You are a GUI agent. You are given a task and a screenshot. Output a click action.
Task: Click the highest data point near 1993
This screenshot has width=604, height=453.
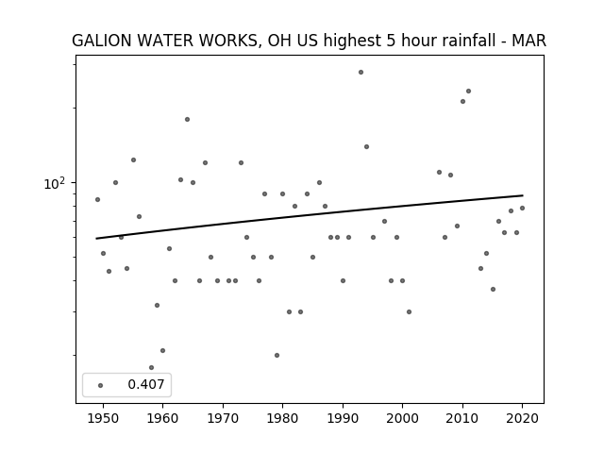pos(361,73)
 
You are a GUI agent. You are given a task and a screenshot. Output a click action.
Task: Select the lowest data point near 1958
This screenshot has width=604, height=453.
pos(151,368)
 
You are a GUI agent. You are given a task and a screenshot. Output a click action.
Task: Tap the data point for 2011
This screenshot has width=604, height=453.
pos(468,92)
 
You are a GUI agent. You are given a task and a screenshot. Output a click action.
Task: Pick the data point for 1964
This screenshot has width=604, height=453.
pos(187,120)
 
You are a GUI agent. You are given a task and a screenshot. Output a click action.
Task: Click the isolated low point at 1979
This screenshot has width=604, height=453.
pos(277,356)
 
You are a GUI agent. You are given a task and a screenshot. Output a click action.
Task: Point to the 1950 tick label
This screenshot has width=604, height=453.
pos(103,419)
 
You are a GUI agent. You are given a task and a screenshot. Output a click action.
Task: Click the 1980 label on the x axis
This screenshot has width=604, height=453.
pos(283,419)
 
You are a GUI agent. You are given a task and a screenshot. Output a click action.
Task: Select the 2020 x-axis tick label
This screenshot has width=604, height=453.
pos(522,419)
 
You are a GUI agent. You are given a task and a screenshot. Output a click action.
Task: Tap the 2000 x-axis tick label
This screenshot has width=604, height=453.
pos(403,419)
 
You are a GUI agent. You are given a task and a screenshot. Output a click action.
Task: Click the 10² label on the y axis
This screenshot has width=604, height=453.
pos(55,183)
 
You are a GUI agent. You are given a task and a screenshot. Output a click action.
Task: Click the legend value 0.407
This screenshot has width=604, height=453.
pos(146,384)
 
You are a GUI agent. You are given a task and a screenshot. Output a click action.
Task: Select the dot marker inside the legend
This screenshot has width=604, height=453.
pos(101,385)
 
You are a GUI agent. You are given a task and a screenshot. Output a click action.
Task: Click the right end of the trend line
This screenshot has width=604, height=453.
pos(523,195)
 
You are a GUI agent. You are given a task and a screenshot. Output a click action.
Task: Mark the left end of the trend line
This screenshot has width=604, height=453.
pos(96,239)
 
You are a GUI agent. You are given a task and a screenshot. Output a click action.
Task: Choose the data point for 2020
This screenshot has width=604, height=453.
pos(522,209)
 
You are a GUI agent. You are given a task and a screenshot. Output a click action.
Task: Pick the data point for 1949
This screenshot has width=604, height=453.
pos(97,199)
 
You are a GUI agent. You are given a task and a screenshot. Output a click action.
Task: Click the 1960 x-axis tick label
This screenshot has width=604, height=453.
pos(162,419)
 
